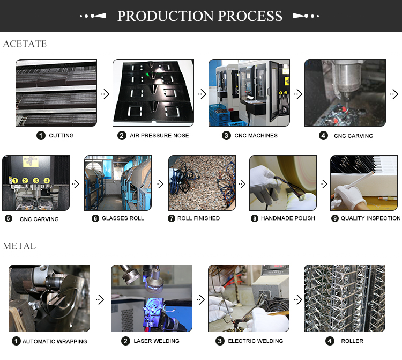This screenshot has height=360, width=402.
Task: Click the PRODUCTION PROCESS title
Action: point(200,16)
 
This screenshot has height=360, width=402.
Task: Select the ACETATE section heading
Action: point(25,43)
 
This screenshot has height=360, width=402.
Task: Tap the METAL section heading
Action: point(19,246)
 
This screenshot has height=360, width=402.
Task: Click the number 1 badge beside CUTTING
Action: point(41,136)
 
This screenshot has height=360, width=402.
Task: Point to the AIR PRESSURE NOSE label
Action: point(159,136)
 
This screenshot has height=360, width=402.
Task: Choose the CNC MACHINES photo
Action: point(249,93)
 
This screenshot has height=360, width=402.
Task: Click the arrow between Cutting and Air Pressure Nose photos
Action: point(105,94)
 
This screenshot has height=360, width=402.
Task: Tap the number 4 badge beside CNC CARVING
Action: point(323,136)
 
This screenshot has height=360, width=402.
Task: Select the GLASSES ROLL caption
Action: point(123,218)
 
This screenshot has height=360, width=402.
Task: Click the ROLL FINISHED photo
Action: point(202,183)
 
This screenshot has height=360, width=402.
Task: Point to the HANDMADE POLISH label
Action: point(288,218)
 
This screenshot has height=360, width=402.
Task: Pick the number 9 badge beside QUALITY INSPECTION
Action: point(335,218)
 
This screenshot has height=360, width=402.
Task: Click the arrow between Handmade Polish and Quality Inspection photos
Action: point(324,184)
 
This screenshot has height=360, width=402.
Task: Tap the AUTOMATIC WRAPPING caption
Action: point(55,342)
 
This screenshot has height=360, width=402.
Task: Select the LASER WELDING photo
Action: point(152,298)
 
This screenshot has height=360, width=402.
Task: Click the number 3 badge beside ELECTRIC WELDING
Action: point(220,341)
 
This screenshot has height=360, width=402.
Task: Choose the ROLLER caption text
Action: point(352,341)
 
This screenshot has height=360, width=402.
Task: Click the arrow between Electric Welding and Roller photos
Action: point(298,299)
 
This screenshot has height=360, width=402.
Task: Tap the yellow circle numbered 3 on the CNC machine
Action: point(36,181)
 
